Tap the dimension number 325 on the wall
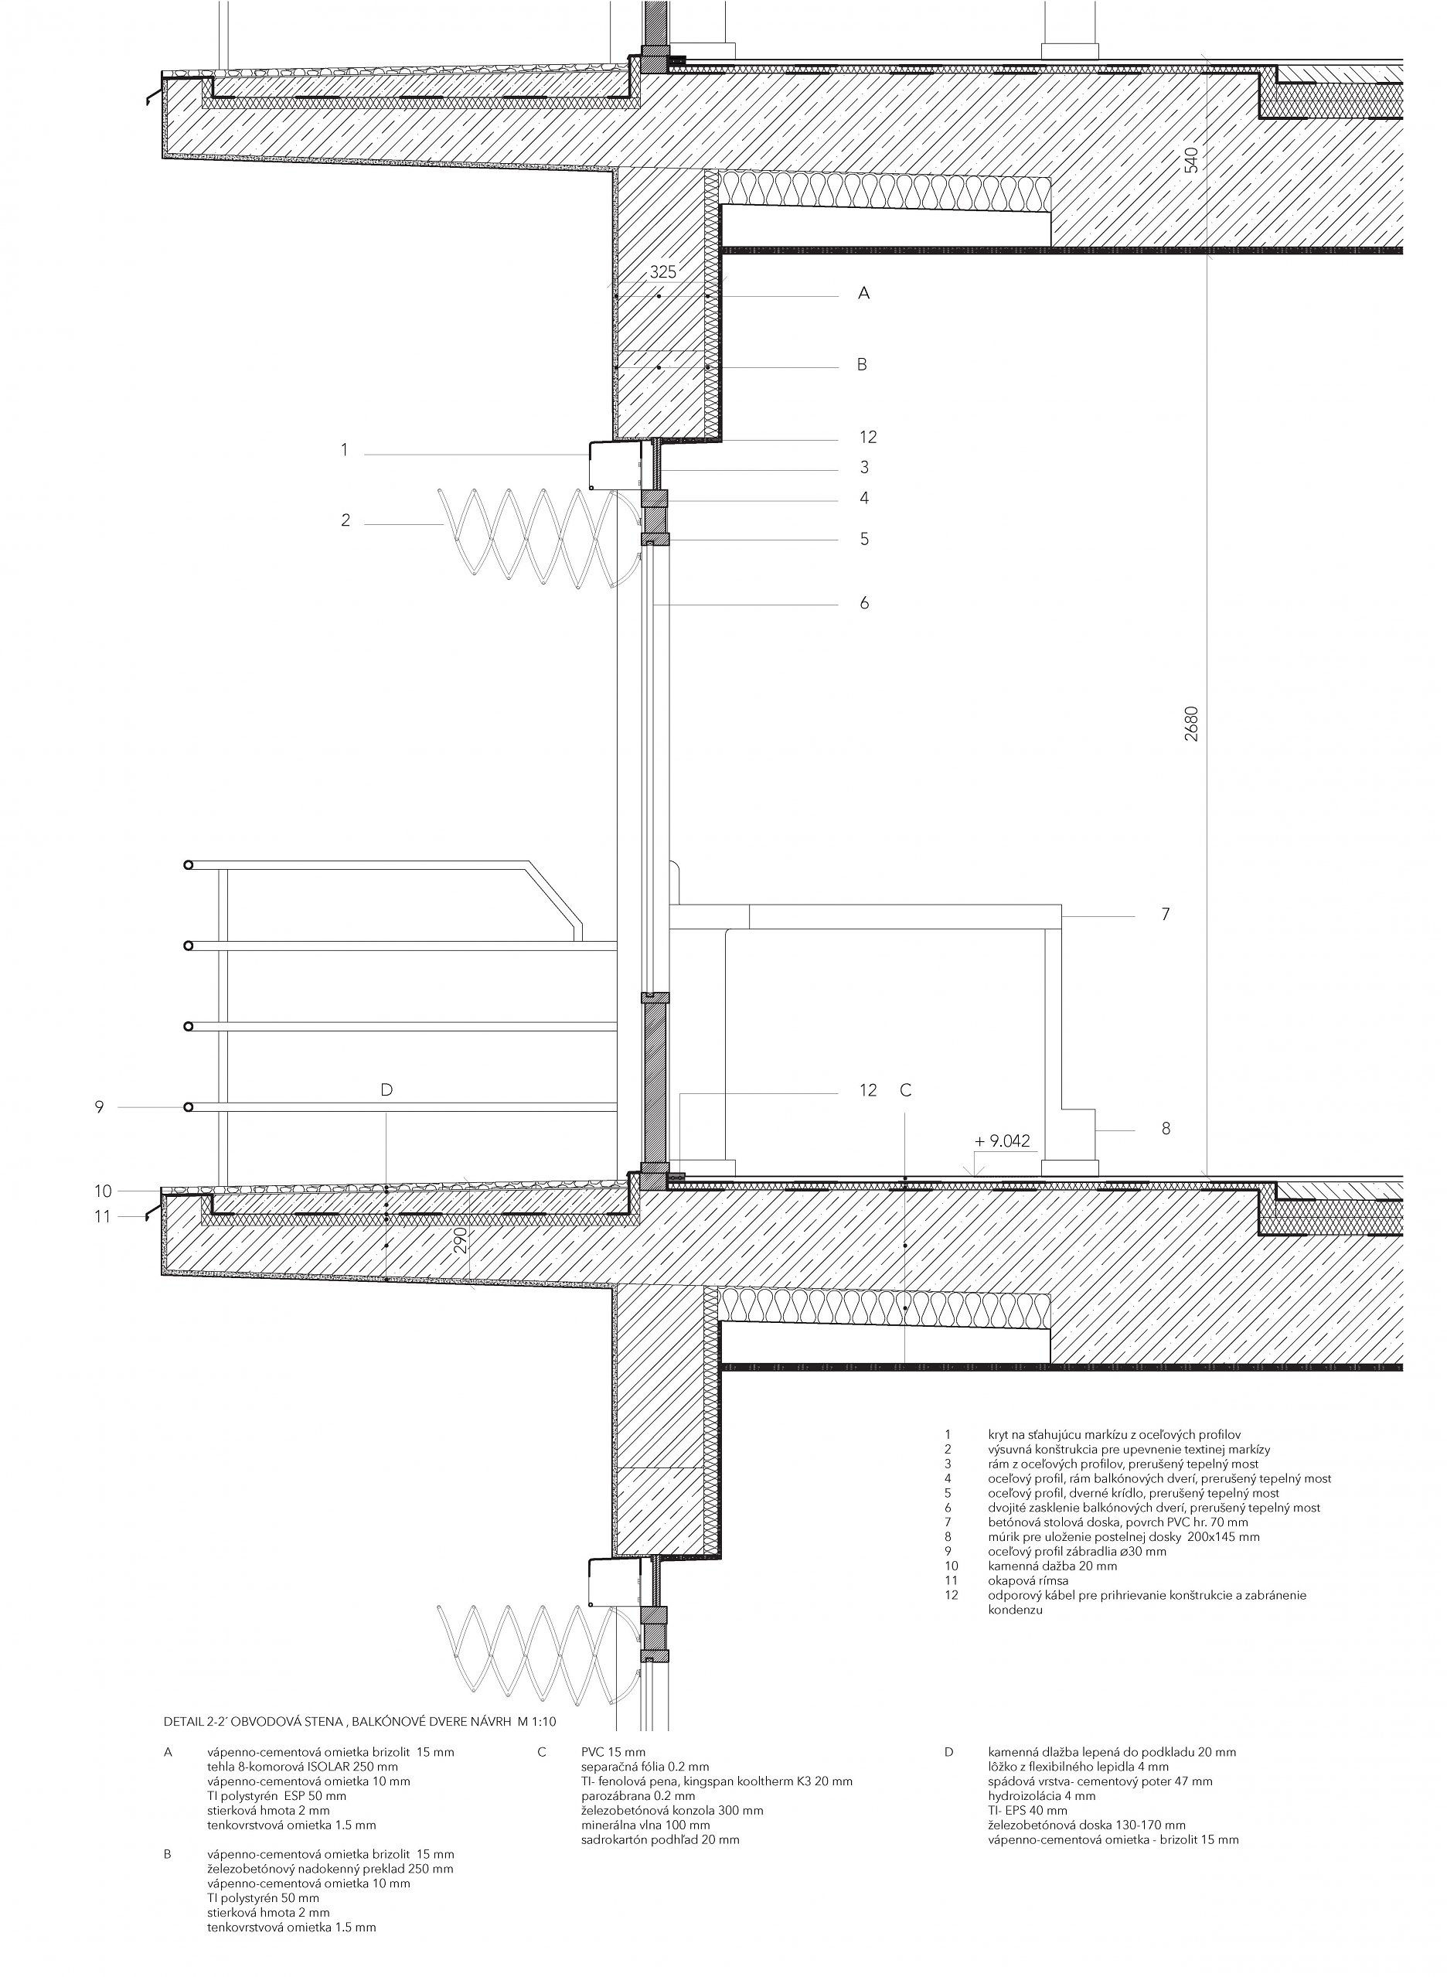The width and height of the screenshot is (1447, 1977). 663,272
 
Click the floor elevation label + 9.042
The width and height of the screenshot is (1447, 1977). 1002,1140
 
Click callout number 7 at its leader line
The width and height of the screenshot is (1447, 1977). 1165,915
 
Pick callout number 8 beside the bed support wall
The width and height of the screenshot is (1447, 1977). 1166,1129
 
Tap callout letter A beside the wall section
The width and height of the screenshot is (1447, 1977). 863,295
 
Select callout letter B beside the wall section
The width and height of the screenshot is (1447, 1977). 862,364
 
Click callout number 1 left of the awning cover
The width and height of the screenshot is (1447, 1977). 344,450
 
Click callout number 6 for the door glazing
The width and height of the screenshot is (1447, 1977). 863,602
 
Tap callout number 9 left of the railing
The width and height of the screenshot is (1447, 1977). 99,1107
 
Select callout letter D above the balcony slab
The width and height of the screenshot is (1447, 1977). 386,1089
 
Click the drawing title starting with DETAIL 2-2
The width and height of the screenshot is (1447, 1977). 360,1720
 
